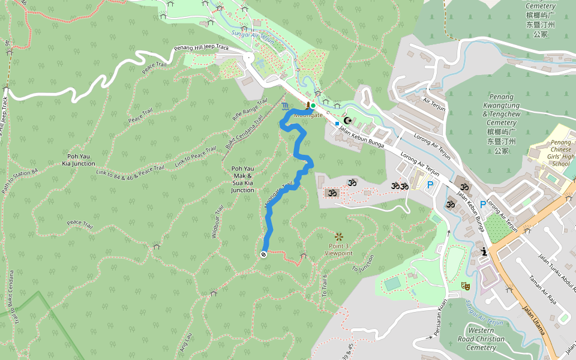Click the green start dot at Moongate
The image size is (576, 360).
[313, 106]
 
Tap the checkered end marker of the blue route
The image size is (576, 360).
[263, 254]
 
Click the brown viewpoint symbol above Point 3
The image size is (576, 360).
[339, 236]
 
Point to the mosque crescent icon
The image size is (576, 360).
[346, 121]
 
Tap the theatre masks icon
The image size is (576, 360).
[465, 286]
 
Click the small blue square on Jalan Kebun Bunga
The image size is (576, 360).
[337, 124]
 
